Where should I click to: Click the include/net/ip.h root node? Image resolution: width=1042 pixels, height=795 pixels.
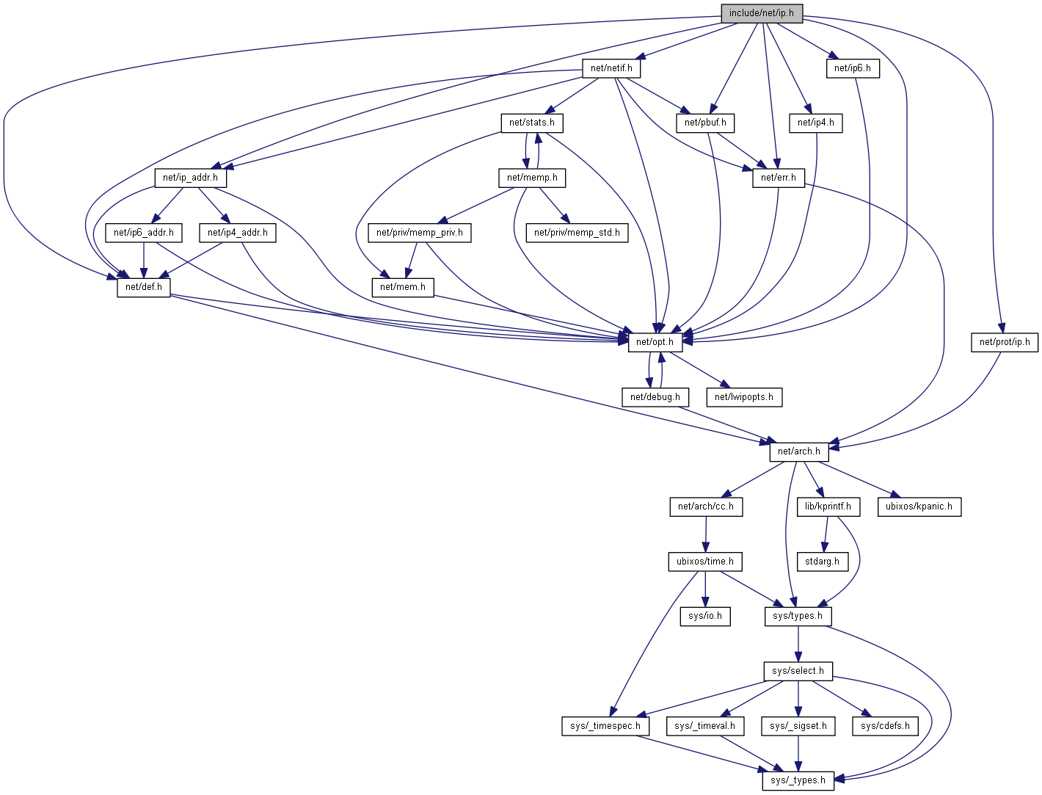[x=761, y=13]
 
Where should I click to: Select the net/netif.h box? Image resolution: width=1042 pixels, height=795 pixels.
[x=611, y=68]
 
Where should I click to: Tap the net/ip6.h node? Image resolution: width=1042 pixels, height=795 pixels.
[x=852, y=68]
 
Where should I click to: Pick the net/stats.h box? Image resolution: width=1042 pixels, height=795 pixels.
[x=531, y=123]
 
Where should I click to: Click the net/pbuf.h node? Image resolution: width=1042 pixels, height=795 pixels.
[x=704, y=123]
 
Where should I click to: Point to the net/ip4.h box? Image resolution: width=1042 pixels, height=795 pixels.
[x=815, y=123]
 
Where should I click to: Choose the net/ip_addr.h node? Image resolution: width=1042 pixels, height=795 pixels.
[x=190, y=178]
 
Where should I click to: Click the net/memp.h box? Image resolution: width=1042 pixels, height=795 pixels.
[x=531, y=178]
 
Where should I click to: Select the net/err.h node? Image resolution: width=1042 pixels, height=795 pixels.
[x=778, y=178]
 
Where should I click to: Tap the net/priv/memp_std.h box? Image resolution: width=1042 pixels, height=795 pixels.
[x=577, y=233]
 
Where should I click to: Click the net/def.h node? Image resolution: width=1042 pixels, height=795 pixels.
[x=143, y=287]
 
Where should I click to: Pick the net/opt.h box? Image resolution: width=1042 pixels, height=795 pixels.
[x=655, y=342]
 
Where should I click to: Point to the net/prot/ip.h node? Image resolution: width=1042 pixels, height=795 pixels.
[x=1004, y=342]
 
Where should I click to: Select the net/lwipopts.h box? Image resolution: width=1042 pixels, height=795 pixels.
[x=744, y=397]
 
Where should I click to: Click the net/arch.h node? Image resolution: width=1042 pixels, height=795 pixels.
[x=798, y=451]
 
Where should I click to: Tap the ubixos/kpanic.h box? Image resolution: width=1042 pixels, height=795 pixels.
[x=919, y=507]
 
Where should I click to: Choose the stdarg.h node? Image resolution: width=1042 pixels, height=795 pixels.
[x=822, y=562]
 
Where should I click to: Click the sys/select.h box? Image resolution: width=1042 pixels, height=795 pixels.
[x=798, y=671]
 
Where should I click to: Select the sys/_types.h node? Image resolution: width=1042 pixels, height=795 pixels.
[x=798, y=780]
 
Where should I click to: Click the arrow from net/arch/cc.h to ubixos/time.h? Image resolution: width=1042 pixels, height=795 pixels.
[x=705, y=534]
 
